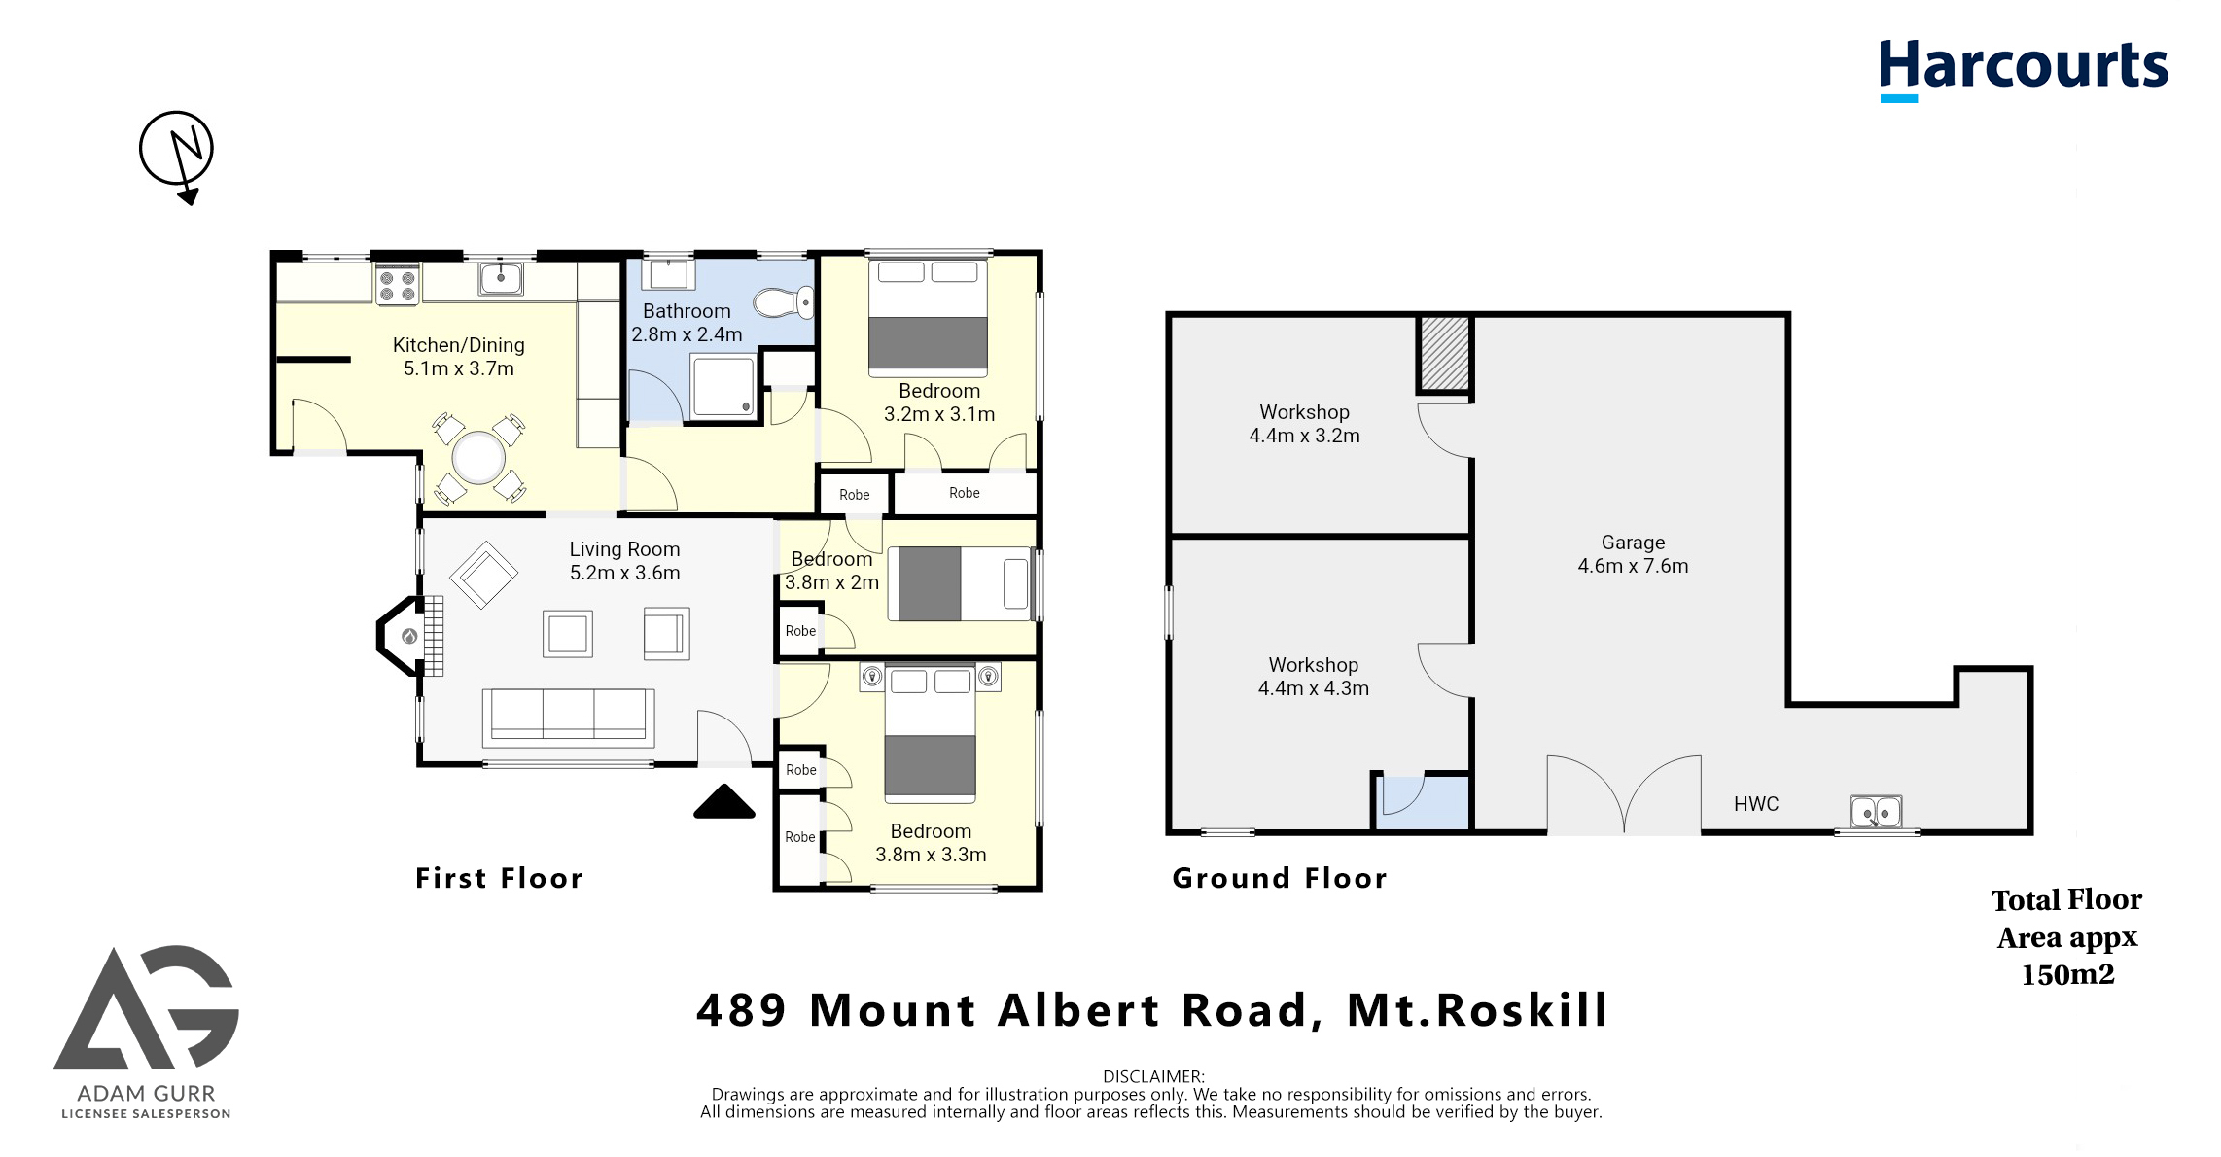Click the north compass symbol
(176, 151)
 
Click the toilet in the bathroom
(784, 302)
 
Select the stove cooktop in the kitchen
(398, 285)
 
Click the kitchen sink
(501, 279)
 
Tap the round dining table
(479, 457)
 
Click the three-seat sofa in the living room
(568, 717)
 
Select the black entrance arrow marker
(724, 802)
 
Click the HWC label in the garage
(1756, 804)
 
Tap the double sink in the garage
(1876, 812)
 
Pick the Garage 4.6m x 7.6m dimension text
(1633, 554)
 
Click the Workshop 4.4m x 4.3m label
(1313, 677)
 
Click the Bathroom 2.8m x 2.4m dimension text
(687, 323)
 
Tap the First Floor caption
(499, 878)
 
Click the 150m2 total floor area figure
(2067, 974)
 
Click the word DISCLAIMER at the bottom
(1152, 1076)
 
